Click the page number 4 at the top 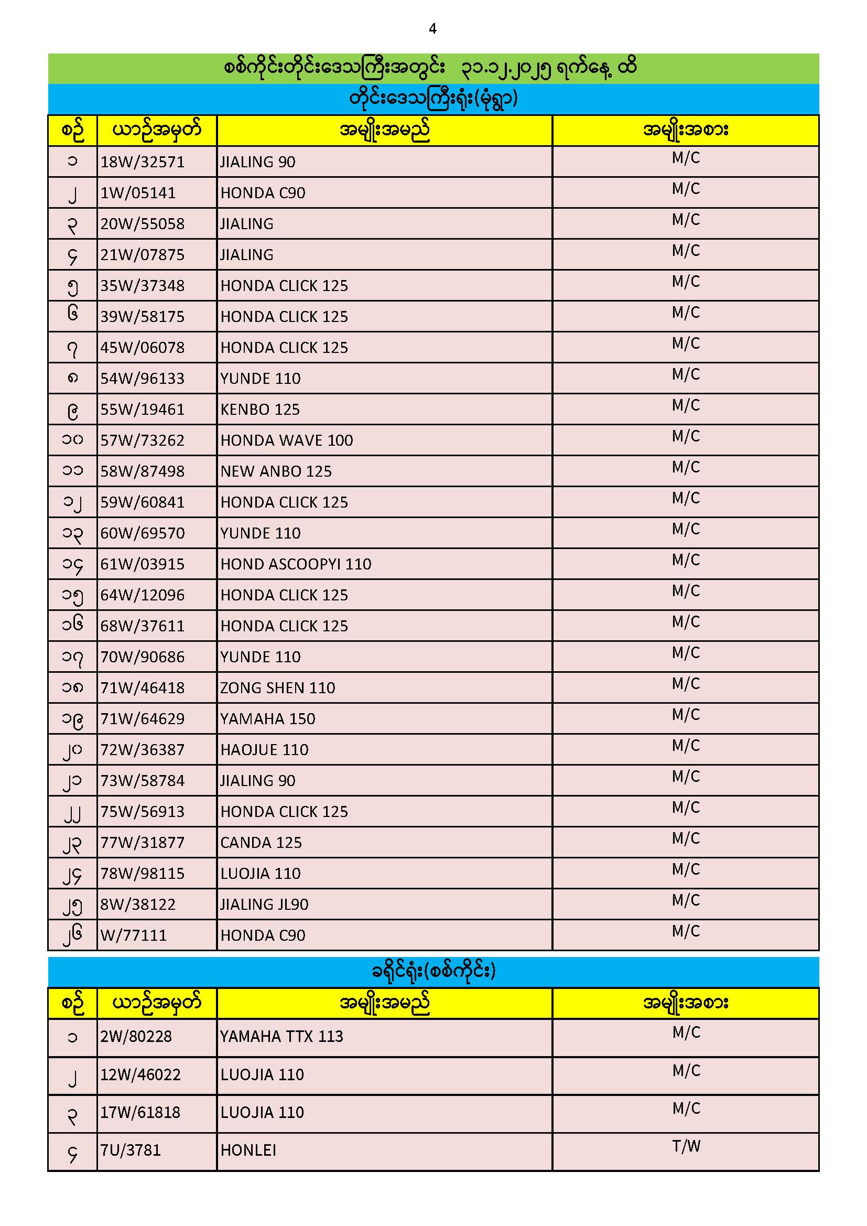(432, 29)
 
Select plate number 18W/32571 (143, 162)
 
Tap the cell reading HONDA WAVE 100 (287, 440)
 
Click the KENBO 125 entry (260, 410)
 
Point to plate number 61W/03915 (143, 564)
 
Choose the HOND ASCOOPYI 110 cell (296, 564)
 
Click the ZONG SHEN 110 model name (278, 688)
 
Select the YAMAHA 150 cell (267, 719)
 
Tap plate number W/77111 (134, 935)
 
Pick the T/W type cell (686, 1146)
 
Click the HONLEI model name (248, 1150)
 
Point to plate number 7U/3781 (131, 1150)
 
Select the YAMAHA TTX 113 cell (281, 1037)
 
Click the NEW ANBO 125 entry (276, 471)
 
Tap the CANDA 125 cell (261, 843)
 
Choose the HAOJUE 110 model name (264, 750)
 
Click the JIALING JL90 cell (264, 905)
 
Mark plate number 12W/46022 (140, 1074)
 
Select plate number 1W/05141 (138, 193)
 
